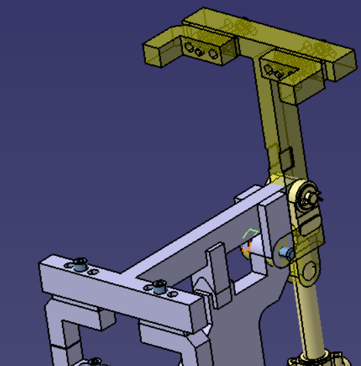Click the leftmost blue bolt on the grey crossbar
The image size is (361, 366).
click(81, 264)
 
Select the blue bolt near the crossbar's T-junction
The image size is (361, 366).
click(159, 287)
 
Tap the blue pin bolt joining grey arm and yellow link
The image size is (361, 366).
click(286, 253)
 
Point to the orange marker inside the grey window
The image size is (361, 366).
click(245, 248)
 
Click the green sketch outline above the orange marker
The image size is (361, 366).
click(250, 233)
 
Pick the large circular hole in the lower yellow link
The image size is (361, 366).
click(308, 270)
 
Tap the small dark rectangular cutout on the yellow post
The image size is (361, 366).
click(285, 158)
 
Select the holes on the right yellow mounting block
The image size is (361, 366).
click(275, 71)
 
